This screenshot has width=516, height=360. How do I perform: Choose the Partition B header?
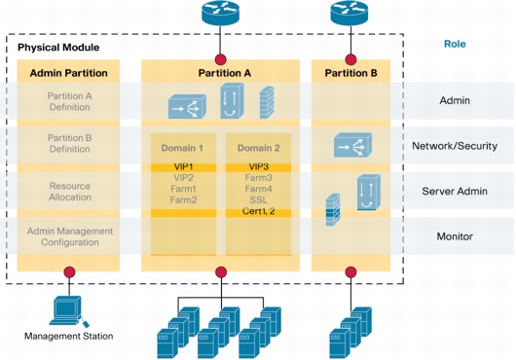click(x=350, y=73)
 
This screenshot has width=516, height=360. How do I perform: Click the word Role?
click(x=455, y=44)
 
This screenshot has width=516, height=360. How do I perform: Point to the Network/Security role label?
click(x=455, y=146)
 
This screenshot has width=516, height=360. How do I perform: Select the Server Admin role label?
click(x=455, y=191)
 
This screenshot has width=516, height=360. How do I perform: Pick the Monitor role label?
click(x=455, y=235)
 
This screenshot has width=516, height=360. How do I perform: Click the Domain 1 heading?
click(x=182, y=148)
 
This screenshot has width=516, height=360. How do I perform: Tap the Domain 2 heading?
click(x=258, y=148)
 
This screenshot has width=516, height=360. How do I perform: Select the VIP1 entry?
click(x=182, y=167)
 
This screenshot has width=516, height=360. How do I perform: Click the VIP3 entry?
click(x=258, y=167)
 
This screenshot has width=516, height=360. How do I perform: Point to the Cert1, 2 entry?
click(x=258, y=211)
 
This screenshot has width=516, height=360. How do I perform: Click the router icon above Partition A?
click(x=220, y=13)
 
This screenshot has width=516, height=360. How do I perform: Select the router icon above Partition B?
click(x=350, y=13)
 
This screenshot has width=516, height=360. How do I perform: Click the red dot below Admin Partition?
click(x=69, y=272)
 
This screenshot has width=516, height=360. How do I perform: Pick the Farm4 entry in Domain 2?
click(x=258, y=189)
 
